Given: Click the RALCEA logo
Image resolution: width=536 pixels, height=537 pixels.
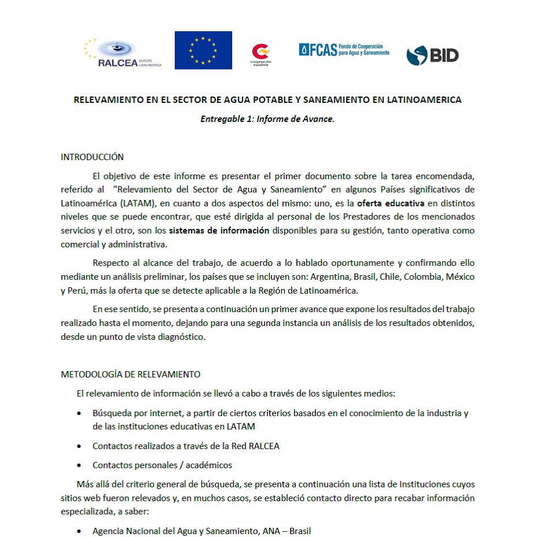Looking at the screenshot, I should tap(122, 54).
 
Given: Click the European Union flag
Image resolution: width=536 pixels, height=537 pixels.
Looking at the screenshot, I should tap(203, 50).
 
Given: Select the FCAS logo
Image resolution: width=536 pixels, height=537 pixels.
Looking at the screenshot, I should tap(344, 50).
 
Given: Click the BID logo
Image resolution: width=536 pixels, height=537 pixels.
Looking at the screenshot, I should tap(433, 55).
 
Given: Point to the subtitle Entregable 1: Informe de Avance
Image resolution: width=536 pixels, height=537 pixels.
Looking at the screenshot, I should tap(267, 120).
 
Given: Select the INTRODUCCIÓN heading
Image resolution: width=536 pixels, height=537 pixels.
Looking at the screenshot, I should tap(92, 157).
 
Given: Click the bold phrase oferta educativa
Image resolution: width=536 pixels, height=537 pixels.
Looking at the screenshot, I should tap(390, 203).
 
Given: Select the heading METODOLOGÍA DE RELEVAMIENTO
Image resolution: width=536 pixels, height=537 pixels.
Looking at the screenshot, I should tap(131, 374).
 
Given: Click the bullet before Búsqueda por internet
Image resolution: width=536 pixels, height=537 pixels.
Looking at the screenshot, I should tap(79, 414).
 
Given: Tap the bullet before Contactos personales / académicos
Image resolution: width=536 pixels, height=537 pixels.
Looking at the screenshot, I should tap(79, 465).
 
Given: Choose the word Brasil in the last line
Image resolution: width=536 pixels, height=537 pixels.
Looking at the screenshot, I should tap(300, 531).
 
